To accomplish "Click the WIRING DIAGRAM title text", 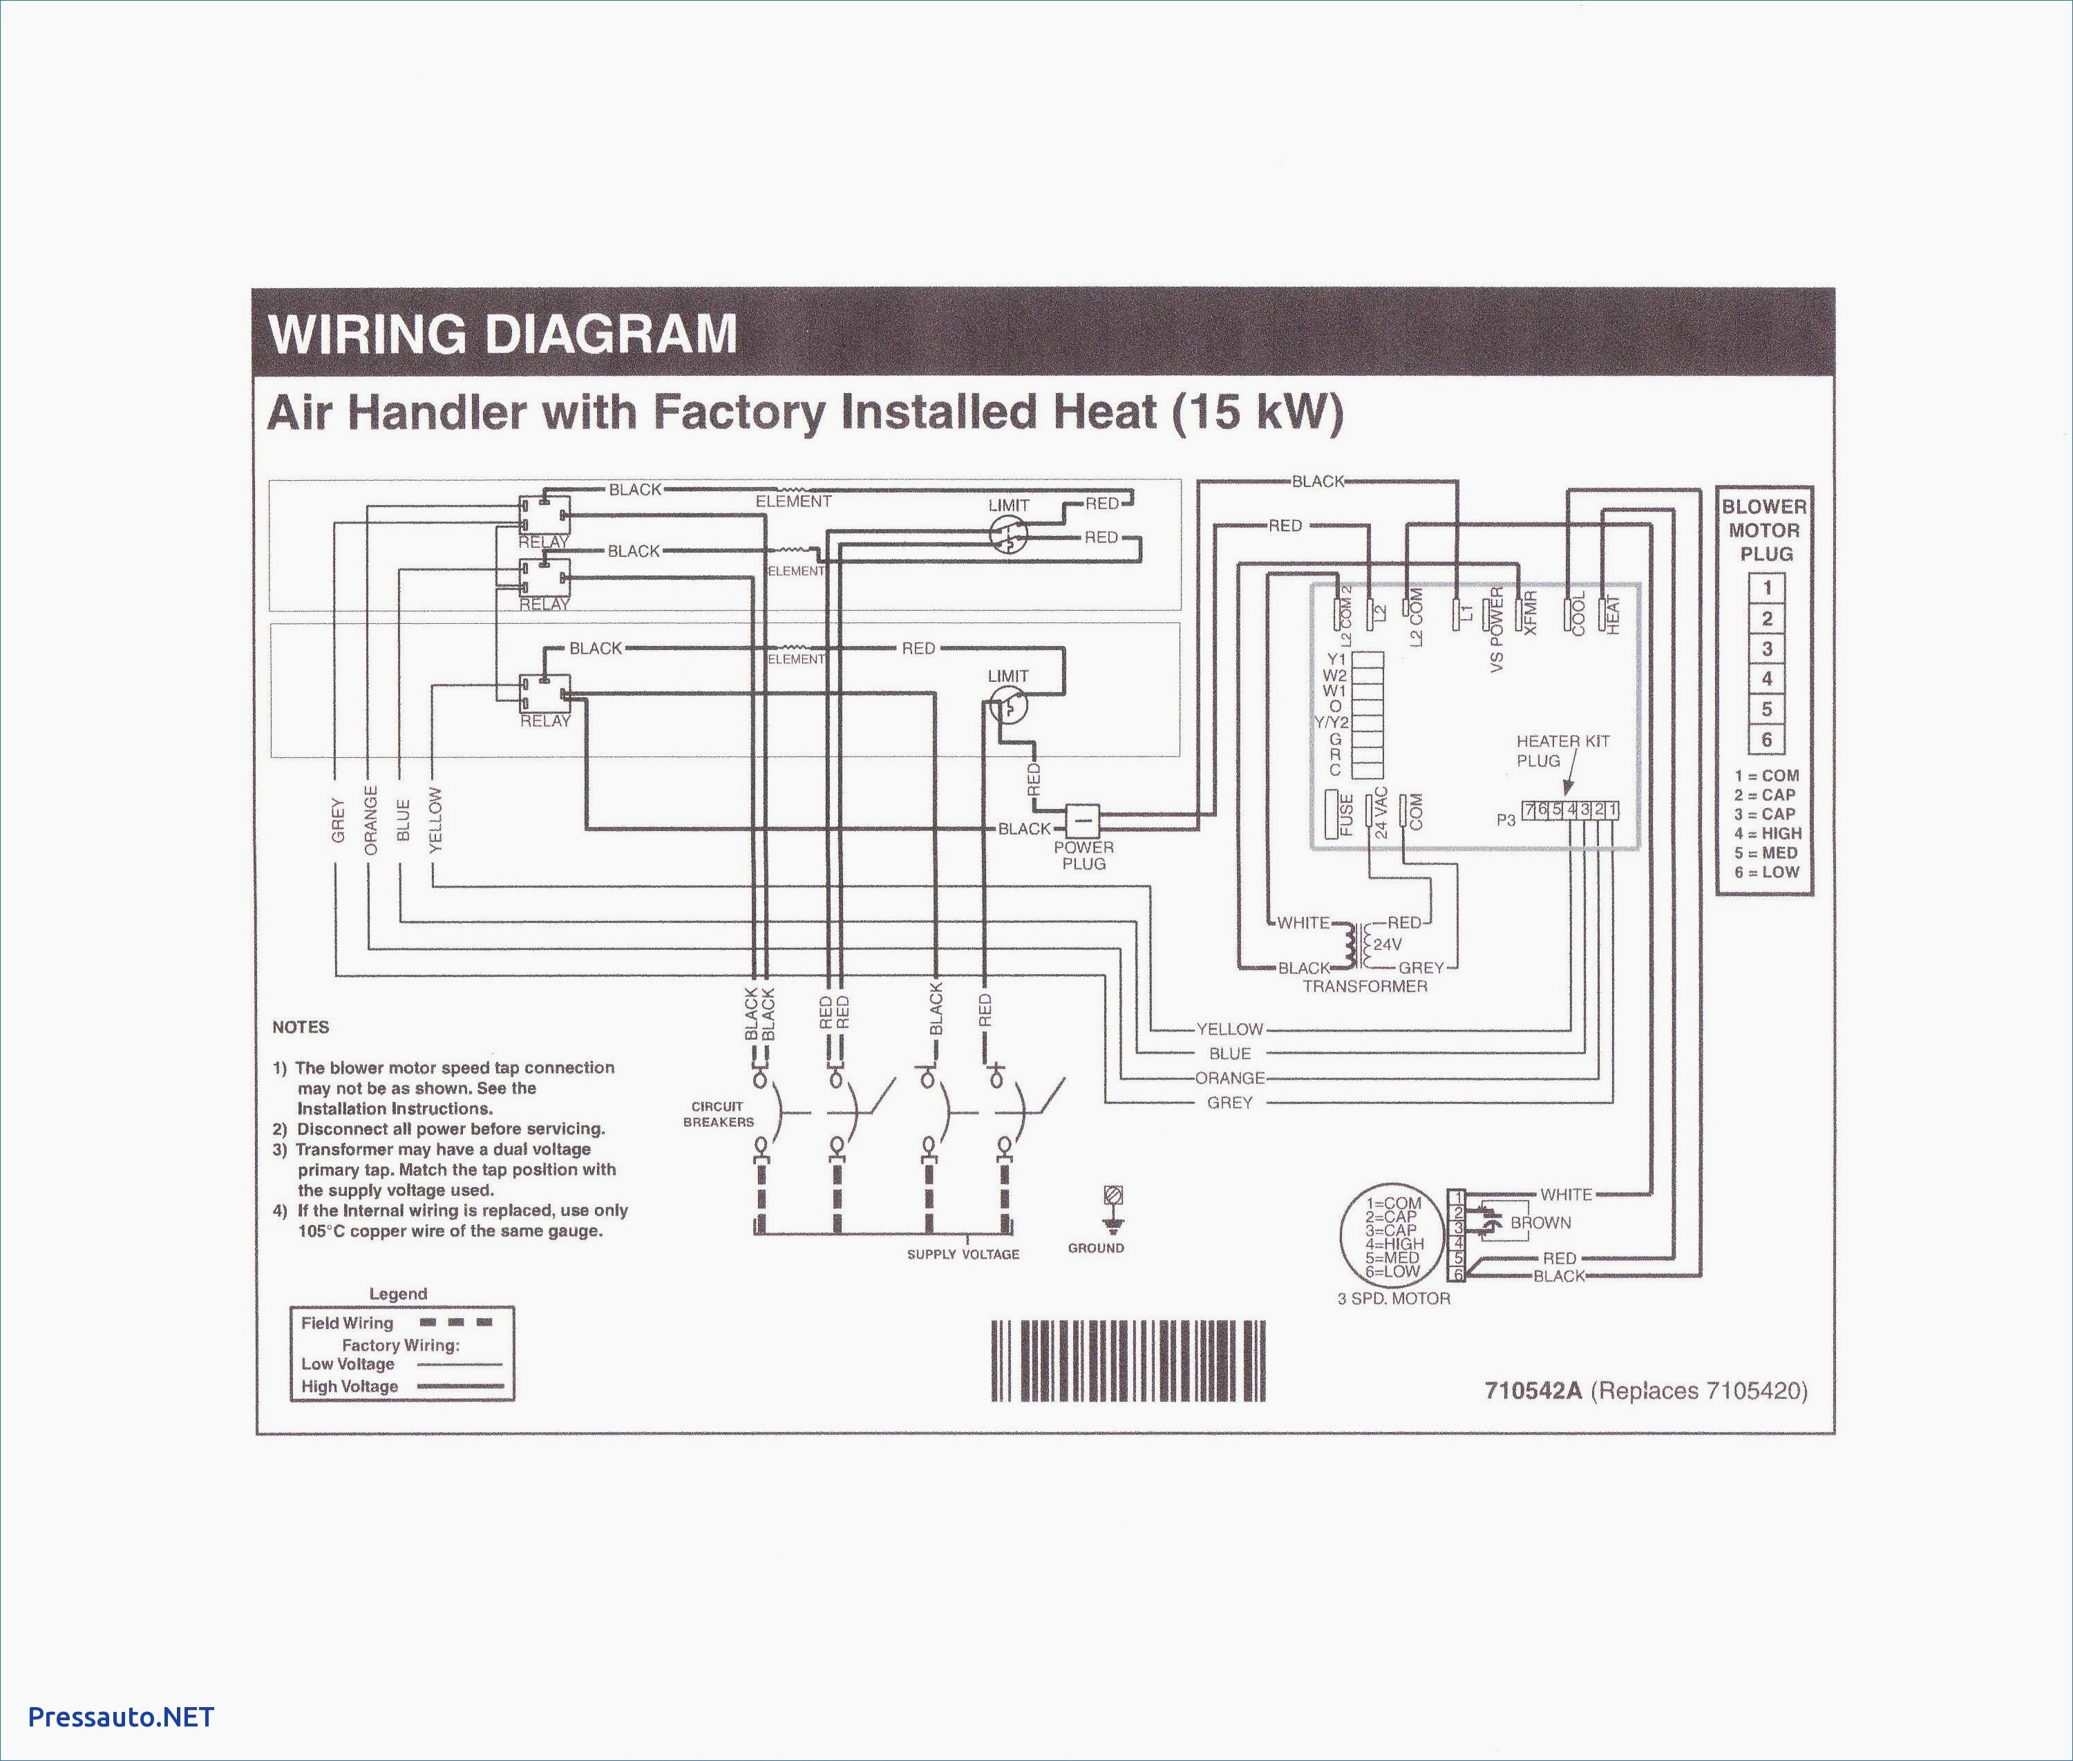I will [502, 334].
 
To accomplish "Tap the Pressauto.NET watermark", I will [121, 1716].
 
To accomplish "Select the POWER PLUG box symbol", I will [1082, 821].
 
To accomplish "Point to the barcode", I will [1128, 1362].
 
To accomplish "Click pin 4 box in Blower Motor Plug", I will [1766, 679].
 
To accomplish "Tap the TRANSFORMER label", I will [1364, 987].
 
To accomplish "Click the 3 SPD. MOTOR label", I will [1393, 1299].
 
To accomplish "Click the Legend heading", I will [397, 1294].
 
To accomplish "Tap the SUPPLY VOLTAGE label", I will [963, 1254].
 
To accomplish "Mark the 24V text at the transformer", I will [1387, 944].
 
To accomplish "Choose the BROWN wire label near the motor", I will [1540, 1223].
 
